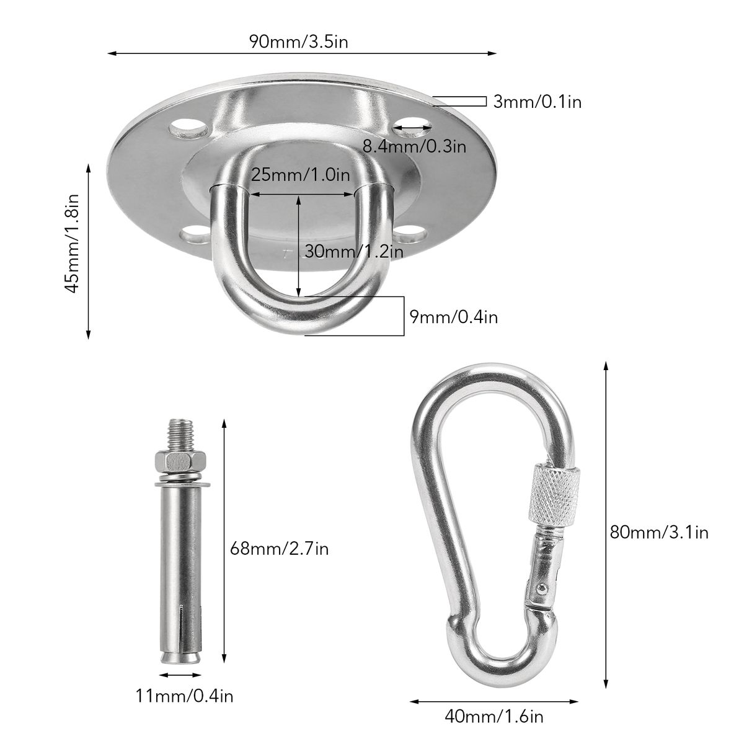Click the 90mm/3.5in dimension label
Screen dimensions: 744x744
point(298,42)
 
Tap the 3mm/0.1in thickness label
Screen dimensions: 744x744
point(538,102)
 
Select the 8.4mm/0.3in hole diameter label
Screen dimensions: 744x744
point(414,146)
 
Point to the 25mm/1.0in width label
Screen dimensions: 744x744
point(300,175)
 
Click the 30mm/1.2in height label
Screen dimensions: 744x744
point(354,252)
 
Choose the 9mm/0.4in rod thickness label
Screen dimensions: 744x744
point(454,317)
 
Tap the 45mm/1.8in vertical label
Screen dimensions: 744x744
point(73,244)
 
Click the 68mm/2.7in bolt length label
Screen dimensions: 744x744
point(279,548)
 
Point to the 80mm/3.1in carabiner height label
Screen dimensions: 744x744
point(659,533)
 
